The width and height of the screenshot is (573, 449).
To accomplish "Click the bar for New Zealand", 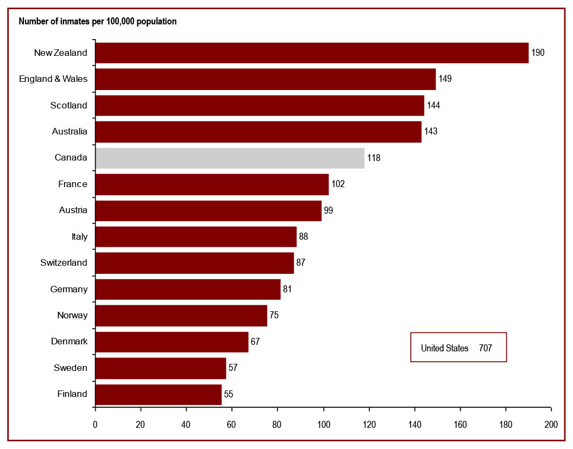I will click(312, 53).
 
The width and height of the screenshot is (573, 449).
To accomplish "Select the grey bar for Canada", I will click(230, 158).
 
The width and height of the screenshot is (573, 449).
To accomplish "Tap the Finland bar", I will click(158, 394).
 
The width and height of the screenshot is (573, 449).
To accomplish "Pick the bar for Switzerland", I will click(194, 262).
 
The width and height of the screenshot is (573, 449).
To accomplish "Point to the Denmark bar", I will click(172, 342).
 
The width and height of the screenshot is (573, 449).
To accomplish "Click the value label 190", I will click(538, 53).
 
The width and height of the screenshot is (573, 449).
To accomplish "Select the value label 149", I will click(445, 79).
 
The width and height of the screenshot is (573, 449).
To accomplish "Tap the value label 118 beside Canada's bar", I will click(374, 158).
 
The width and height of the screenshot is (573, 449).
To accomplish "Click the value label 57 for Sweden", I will click(233, 368).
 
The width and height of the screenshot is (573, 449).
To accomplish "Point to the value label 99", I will click(328, 210).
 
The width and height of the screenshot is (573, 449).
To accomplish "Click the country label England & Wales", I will click(53, 79).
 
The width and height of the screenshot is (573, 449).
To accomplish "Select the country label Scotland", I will click(68, 105).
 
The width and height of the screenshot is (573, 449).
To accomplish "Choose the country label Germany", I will click(68, 289).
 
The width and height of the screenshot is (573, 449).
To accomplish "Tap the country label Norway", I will click(72, 315).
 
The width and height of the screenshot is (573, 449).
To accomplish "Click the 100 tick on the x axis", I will click(324, 425).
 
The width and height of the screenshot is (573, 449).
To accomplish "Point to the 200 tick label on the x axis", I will click(551, 425).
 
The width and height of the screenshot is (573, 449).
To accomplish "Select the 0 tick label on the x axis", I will click(96, 425).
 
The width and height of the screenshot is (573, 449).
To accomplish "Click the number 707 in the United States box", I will click(486, 348).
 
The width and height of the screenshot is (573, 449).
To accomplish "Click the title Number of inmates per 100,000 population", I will click(98, 22).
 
